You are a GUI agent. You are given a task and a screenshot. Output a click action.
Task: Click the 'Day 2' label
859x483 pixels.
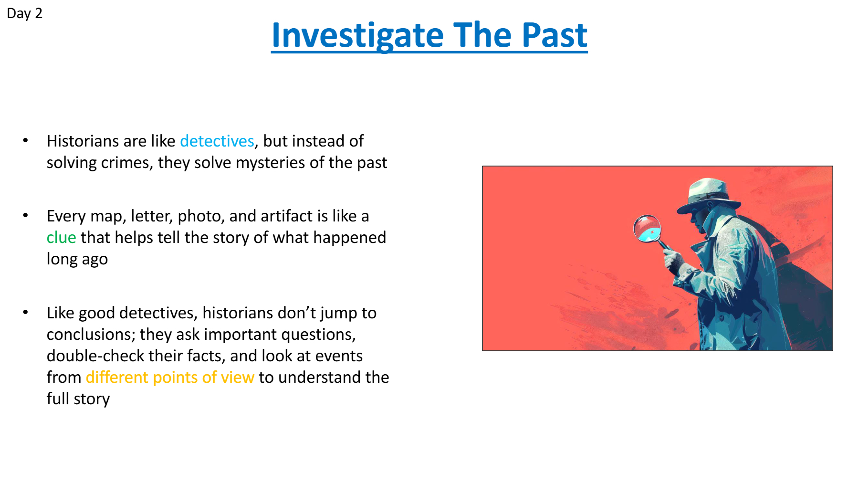24,13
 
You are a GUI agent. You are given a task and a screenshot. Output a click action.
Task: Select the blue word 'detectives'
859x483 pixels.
217,141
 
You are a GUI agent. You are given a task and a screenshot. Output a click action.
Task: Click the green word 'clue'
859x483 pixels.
62,238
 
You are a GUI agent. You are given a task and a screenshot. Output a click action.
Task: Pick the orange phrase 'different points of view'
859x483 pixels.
170,378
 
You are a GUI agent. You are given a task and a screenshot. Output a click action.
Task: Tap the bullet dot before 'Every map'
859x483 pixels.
26,216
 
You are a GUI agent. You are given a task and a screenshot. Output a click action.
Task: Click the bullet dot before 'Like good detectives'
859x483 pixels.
26,313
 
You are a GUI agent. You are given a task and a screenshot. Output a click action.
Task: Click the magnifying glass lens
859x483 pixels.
647,228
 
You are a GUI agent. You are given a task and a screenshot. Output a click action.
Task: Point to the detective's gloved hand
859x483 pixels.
673,260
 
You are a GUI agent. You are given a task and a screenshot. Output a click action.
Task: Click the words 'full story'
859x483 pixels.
78,399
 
